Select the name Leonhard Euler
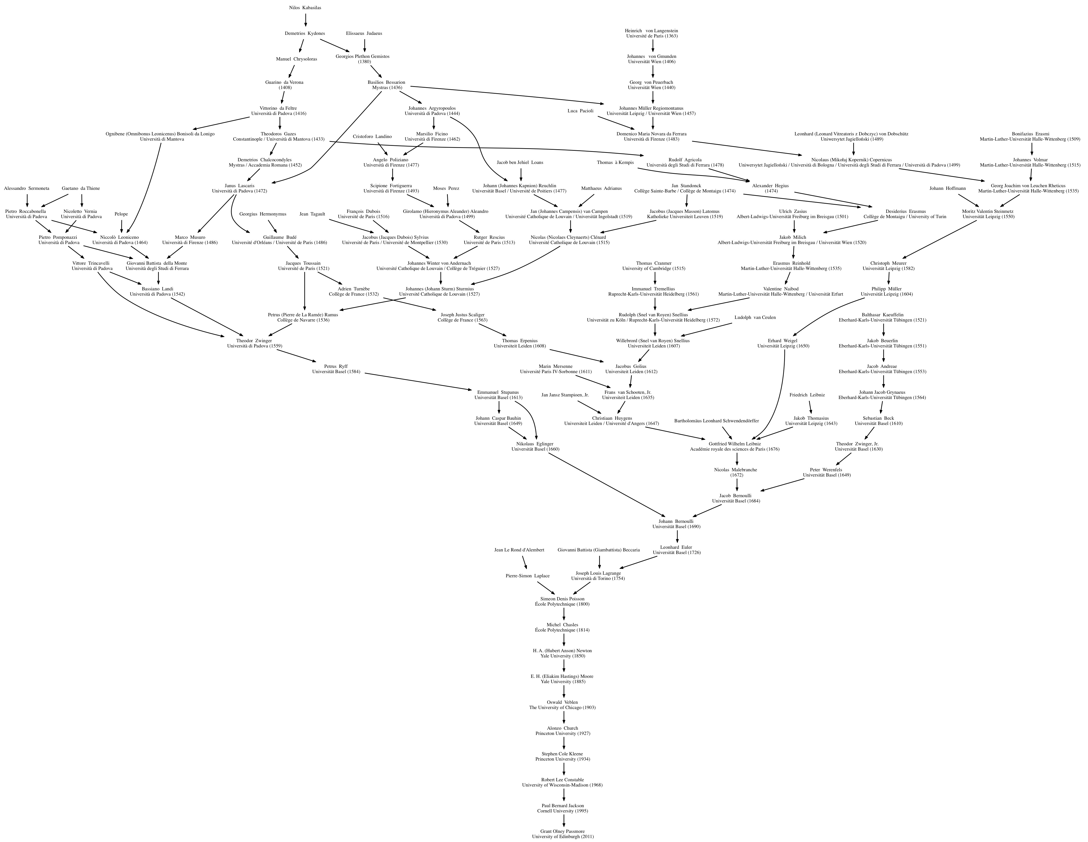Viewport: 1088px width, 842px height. coord(677,547)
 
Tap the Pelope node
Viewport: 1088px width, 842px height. coord(121,214)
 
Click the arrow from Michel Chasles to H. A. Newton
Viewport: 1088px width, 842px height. coord(564,640)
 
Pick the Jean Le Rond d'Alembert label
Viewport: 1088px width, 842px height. coord(519,550)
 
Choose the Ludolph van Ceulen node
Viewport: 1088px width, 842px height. coord(755,317)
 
